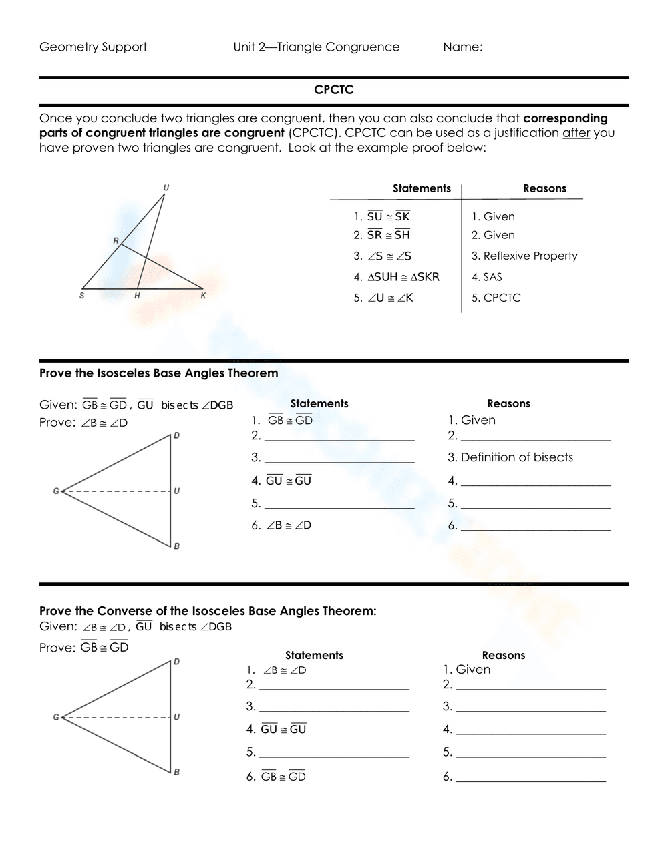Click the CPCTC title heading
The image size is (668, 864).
(x=333, y=90)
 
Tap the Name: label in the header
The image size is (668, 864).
(x=462, y=47)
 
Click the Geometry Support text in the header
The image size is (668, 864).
(x=93, y=47)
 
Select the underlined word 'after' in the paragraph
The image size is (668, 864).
(x=576, y=132)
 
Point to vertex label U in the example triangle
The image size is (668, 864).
(x=166, y=188)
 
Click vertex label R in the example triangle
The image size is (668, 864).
(x=116, y=240)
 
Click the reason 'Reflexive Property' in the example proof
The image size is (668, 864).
(x=524, y=256)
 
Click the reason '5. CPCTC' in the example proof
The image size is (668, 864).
(x=496, y=298)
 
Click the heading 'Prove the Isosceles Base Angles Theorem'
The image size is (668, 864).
(x=159, y=373)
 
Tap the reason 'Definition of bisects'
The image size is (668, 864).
(x=510, y=457)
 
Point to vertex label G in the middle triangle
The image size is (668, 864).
(x=56, y=491)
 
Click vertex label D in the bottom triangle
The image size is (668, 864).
(x=176, y=662)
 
